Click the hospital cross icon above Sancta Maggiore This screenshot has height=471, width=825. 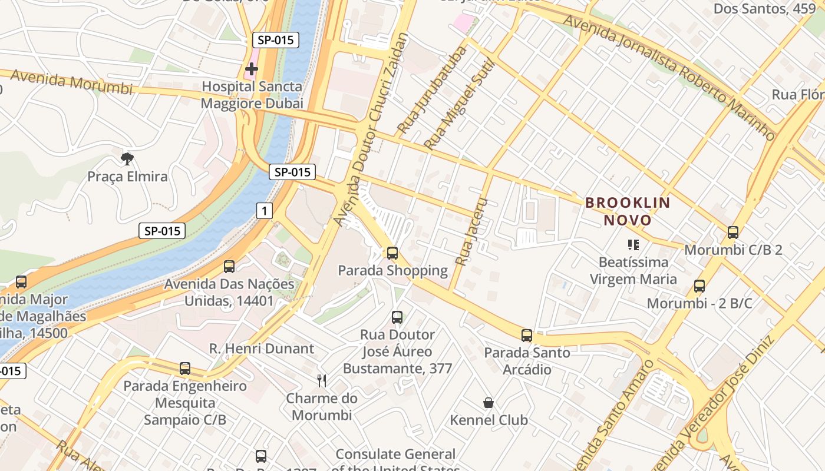coord(252,69)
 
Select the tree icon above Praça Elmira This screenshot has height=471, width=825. coord(127,158)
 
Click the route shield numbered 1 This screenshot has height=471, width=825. coord(265,210)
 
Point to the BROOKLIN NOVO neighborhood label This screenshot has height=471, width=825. coord(627,211)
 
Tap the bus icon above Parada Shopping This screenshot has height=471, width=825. coord(392,253)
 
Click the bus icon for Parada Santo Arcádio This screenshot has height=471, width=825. coord(527,336)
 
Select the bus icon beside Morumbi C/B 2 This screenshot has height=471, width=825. coord(732,233)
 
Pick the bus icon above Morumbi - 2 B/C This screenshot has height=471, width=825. coord(699,286)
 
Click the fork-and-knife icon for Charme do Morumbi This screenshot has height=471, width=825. coord(322,381)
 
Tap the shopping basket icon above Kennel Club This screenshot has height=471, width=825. coord(489,403)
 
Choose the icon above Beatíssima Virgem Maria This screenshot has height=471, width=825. coord(633,244)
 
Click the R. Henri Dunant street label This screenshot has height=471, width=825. coord(262,349)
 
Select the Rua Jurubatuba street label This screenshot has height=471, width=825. coord(432,89)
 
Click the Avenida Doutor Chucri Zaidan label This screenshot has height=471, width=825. coord(371,128)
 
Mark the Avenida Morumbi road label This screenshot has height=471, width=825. coord(71,82)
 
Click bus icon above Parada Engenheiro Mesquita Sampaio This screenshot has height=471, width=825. coord(185,369)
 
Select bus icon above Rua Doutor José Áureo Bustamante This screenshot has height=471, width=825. coord(397,317)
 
